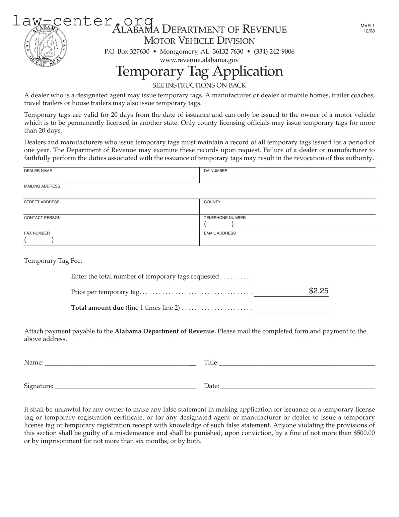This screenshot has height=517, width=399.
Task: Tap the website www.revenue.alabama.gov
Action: (x=199, y=60)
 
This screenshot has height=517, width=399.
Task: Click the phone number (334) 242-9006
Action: (x=274, y=51)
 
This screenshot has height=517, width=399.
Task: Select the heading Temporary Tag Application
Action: (x=199, y=71)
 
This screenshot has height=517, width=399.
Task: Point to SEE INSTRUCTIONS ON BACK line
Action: (x=199, y=85)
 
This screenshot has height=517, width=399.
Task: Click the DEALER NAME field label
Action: (x=38, y=171)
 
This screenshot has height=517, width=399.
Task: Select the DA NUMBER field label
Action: (x=215, y=171)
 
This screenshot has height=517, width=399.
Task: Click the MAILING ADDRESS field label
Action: (x=42, y=186)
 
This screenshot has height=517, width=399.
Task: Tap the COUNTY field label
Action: (x=212, y=202)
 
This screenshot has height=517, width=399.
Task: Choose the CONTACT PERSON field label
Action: (x=42, y=218)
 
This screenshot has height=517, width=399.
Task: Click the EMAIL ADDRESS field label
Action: (x=220, y=233)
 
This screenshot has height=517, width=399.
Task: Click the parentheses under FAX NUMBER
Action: (x=39, y=240)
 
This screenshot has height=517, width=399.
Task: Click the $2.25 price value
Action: (x=318, y=291)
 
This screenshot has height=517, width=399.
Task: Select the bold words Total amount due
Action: (x=97, y=308)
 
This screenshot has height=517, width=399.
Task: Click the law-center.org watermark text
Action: (x=83, y=21)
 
